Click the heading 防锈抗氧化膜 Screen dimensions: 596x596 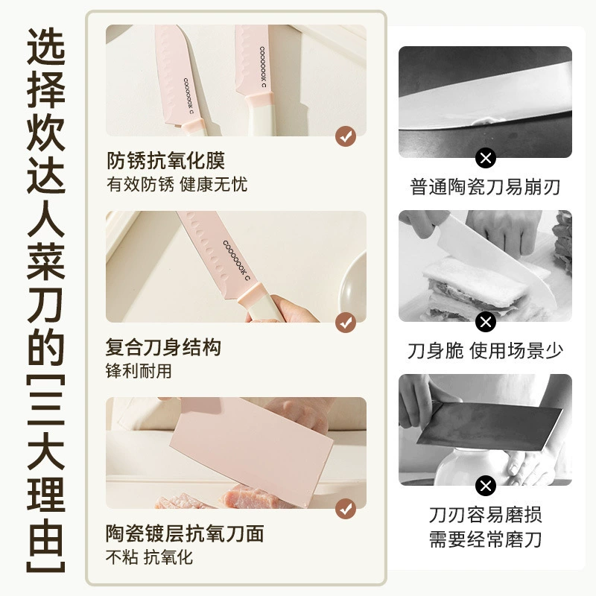(x=165, y=160)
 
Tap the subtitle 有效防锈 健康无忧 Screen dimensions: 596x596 (x=177, y=185)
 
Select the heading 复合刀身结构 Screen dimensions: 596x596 (x=163, y=347)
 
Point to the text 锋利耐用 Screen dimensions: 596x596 (x=139, y=371)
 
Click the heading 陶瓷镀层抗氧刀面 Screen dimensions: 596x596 (x=185, y=533)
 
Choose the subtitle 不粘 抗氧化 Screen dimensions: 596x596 (x=149, y=557)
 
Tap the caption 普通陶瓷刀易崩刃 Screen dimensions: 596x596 (x=485, y=187)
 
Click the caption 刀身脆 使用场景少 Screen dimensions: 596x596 (x=485, y=350)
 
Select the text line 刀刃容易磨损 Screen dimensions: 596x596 (x=485, y=515)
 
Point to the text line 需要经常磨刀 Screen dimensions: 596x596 (x=485, y=539)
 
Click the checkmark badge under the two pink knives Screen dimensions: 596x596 (x=346, y=136)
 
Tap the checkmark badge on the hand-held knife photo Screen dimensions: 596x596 (x=346, y=323)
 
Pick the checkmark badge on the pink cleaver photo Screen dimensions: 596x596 (x=346, y=509)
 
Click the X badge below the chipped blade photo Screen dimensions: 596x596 (x=486, y=158)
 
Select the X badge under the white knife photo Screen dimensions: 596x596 (x=486, y=322)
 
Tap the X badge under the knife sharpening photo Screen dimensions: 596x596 (x=486, y=486)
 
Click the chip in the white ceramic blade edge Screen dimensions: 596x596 (x=484, y=121)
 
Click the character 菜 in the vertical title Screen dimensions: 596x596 (x=45, y=260)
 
